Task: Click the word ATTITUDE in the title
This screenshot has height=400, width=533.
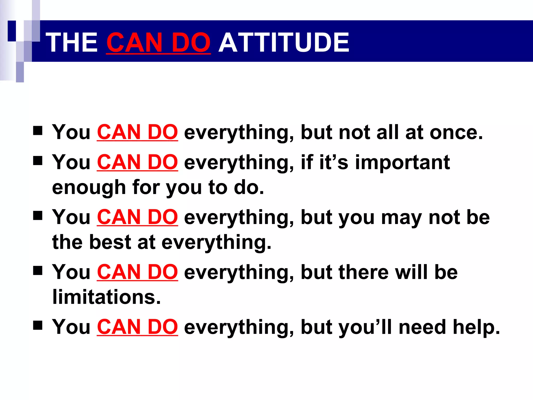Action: click(x=284, y=42)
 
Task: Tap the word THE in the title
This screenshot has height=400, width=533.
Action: click(x=73, y=42)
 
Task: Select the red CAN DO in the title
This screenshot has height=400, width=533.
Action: click(x=158, y=42)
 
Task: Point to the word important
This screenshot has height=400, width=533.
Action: click(x=403, y=162)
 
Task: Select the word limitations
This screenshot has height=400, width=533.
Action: click(x=106, y=297)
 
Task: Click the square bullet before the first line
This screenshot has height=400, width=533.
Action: click(x=38, y=131)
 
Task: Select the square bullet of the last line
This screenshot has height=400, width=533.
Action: click(x=38, y=326)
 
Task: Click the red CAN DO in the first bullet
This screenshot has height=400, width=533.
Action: click(x=137, y=132)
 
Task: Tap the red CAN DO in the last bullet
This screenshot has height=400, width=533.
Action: click(x=137, y=327)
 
